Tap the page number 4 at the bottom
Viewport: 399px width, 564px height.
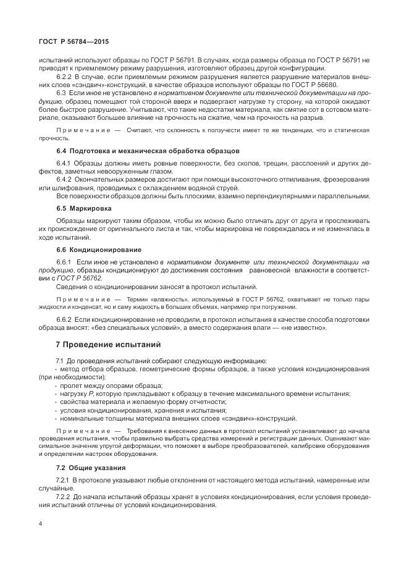click(x=40, y=523)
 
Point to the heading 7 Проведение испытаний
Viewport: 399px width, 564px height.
click(x=108, y=343)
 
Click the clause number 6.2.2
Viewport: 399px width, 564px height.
click(x=64, y=76)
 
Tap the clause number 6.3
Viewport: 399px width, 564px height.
click(x=61, y=92)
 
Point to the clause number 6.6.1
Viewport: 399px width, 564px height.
click(x=64, y=263)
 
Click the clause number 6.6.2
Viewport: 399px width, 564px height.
click(x=64, y=319)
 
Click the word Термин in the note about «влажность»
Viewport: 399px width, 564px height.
click(x=138, y=298)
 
